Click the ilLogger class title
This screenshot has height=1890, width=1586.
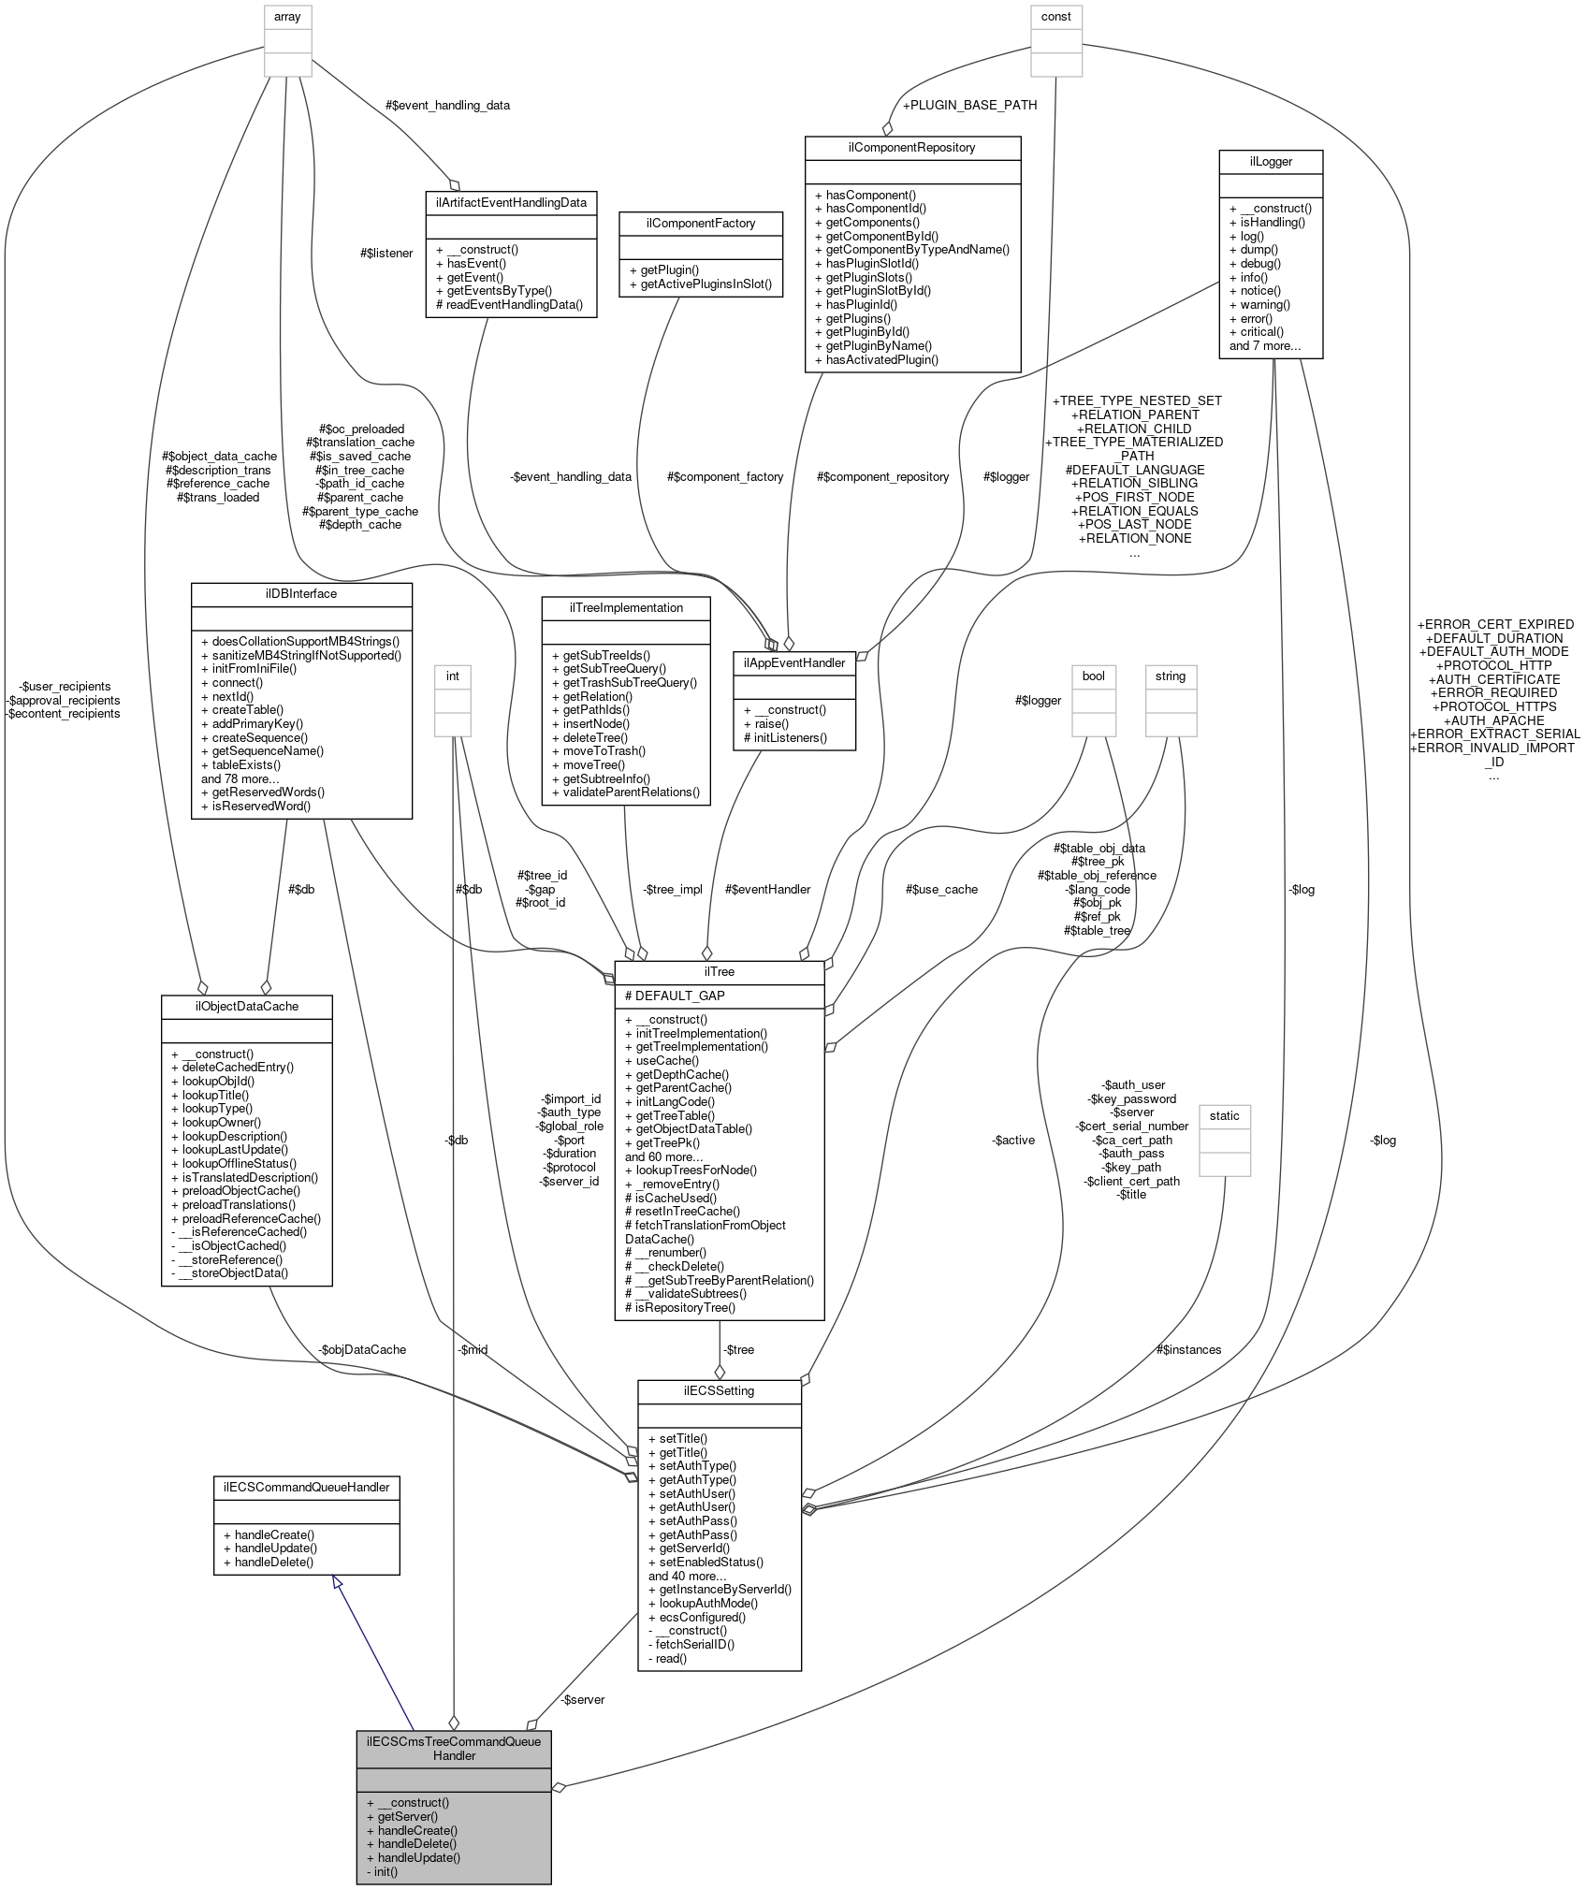[1270, 161]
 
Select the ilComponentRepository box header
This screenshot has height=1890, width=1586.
[912, 148]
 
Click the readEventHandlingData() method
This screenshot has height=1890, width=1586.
[509, 304]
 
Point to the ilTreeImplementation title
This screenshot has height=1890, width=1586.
[626, 607]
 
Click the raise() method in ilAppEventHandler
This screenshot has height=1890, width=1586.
[771, 723]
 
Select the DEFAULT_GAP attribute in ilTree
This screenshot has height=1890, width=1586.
[675, 996]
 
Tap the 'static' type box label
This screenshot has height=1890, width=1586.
[1224, 1115]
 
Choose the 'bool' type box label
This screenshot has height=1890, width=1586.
[1093, 676]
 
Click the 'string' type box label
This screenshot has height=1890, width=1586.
[1170, 676]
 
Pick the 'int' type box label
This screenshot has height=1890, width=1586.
[453, 676]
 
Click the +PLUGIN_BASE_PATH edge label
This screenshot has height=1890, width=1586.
[969, 105]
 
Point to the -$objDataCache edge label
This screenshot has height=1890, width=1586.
[362, 1349]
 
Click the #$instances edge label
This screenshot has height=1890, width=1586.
[1188, 1349]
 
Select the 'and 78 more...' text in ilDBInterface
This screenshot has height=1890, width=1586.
[240, 778]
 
